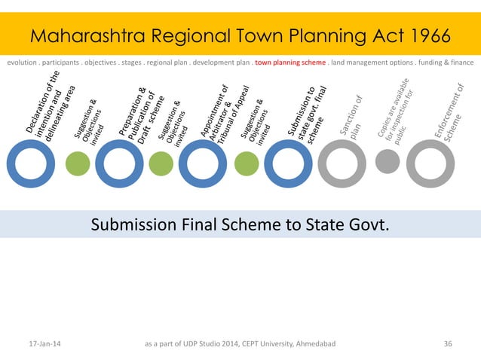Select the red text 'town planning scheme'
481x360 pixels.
click(x=290, y=63)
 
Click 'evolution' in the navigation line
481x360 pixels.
click(x=25, y=63)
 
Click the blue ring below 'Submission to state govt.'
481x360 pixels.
click(x=288, y=163)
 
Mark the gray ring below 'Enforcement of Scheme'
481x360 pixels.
click(x=430, y=163)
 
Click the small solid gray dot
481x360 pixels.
click(x=387, y=162)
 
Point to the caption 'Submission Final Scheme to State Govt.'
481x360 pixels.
click(x=240, y=224)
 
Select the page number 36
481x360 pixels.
click(x=449, y=344)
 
